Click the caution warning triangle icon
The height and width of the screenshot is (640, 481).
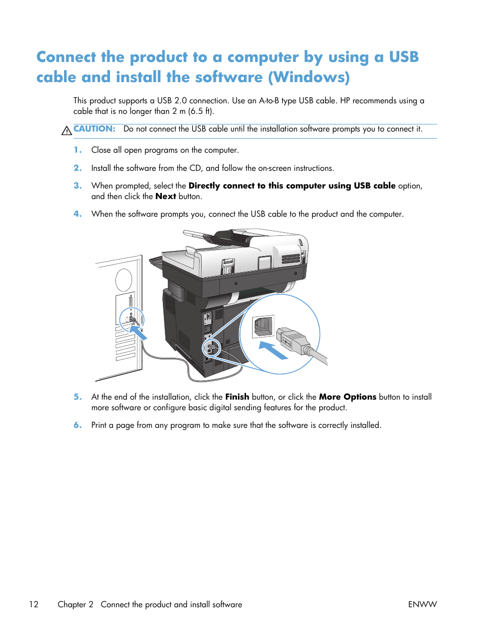pos(67,131)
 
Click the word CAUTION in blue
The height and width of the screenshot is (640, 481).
pos(94,129)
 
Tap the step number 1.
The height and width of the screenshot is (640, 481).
pos(77,150)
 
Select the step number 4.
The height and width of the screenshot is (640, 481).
pos(77,214)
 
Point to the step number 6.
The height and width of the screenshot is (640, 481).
pos(77,425)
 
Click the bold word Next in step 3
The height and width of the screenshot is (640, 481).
pos(165,197)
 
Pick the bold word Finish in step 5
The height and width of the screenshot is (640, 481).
pos(237,397)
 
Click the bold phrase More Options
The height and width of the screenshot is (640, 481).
pos(347,397)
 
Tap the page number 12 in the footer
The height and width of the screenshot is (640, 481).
pos(34,604)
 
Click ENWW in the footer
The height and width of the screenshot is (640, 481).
pos(422,604)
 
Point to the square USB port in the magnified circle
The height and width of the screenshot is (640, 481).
pos(263,326)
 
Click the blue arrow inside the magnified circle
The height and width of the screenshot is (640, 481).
pos(273,350)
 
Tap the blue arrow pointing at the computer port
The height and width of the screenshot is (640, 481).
pos(139,333)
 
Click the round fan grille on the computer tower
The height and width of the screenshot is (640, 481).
pos(124,280)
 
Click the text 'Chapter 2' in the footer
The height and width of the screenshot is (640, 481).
pos(76,604)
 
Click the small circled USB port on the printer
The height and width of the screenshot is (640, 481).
pos(212,347)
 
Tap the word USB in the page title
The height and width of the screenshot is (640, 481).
pos(403,57)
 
